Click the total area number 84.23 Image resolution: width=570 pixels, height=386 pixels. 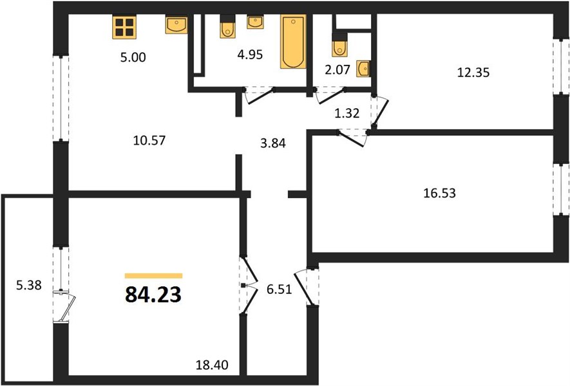coord(153,295)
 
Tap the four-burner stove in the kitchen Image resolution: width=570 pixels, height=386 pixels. coord(124,27)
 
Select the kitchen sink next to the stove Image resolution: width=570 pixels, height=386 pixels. coord(176,24)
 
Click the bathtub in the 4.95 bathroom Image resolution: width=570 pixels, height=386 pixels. coord(293,41)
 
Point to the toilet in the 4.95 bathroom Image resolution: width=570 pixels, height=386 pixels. coord(228,26)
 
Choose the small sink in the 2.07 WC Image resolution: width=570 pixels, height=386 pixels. coord(363,69)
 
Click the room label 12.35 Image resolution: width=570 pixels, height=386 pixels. coord(473,73)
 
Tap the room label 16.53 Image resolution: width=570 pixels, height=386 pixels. coord(439,193)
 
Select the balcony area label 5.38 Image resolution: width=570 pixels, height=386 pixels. coord(29,286)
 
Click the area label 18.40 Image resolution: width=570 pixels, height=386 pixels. coord(212,365)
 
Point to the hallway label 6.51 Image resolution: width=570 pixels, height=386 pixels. coord(279,289)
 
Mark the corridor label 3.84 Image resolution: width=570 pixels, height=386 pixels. coord(273,143)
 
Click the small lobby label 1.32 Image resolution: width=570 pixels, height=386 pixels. coord(347,113)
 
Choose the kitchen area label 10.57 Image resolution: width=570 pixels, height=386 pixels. coord(149,140)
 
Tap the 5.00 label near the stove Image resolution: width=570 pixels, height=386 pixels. coord(133,57)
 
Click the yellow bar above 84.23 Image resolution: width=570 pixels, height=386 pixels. coord(153,275)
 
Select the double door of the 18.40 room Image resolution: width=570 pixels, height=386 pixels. coord(248,286)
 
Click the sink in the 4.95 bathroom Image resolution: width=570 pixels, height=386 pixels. coord(255,22)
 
